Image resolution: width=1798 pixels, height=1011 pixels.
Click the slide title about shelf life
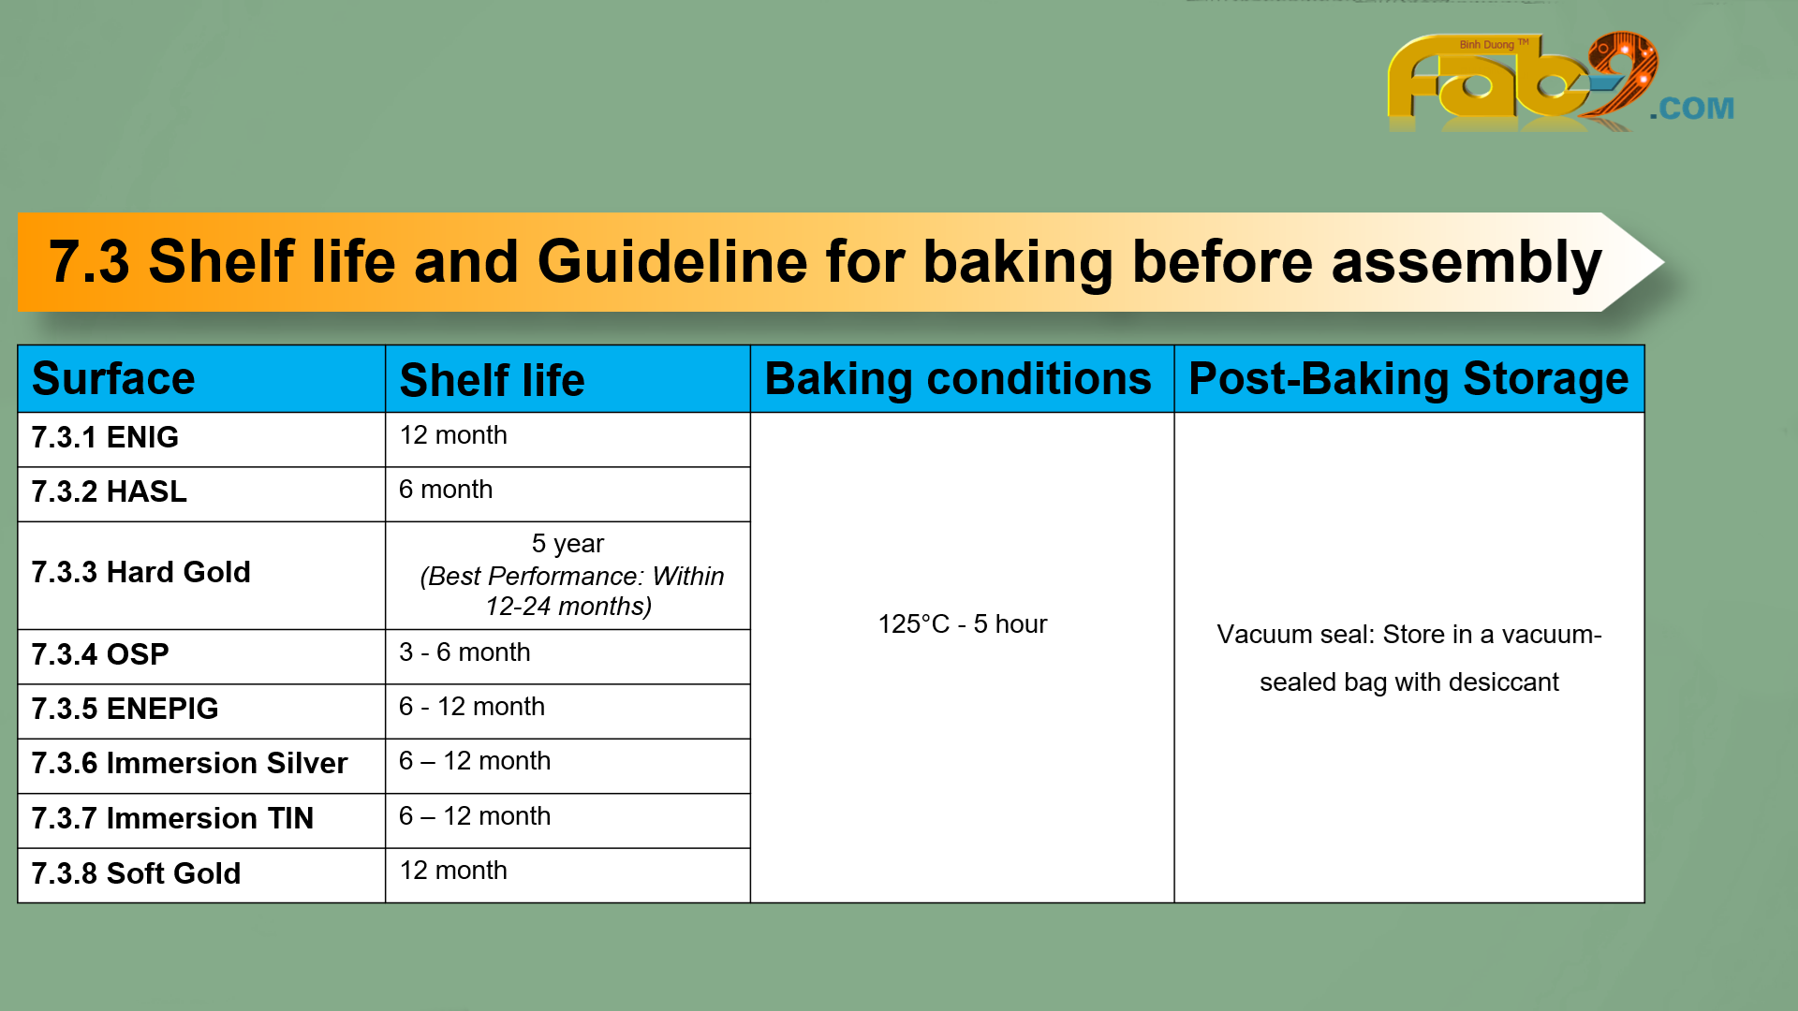(x=825, y=261)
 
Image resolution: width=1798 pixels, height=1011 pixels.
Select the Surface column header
(x=113, y=379)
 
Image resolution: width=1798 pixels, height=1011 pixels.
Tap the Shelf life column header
(x=492, y=380)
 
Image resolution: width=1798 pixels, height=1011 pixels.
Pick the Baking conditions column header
(x=958, y=379)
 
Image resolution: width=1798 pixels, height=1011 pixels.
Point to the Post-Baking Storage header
(x=1408, y=379)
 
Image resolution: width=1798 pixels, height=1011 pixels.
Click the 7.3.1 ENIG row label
(x=105, y=437)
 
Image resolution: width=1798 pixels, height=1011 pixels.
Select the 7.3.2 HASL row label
(x=109, y=491)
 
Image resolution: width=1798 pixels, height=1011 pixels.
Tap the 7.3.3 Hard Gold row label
(x=140, y=572)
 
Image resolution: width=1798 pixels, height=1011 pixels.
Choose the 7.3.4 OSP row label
(x=100, y=654)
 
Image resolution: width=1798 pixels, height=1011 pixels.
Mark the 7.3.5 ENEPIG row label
(x=125, y=709)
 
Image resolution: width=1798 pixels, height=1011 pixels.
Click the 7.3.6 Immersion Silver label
(x=189, y=763)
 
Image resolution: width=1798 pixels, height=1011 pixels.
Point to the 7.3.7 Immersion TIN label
(x=172, y=818)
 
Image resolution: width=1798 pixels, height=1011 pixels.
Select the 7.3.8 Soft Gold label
(x=136, y=873)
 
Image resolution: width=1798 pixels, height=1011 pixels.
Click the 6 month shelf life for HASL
(x=446, y=490)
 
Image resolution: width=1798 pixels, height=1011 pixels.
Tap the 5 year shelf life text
(x=567, y=544)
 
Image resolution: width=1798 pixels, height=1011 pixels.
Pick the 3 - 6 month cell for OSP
(x=464, y=652)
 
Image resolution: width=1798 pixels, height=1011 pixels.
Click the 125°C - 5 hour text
(x=963, y=624)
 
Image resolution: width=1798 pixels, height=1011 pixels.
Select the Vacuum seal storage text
(x=1409, y=658)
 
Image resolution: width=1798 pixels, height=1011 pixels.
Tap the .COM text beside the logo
(x=1691, y=109)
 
